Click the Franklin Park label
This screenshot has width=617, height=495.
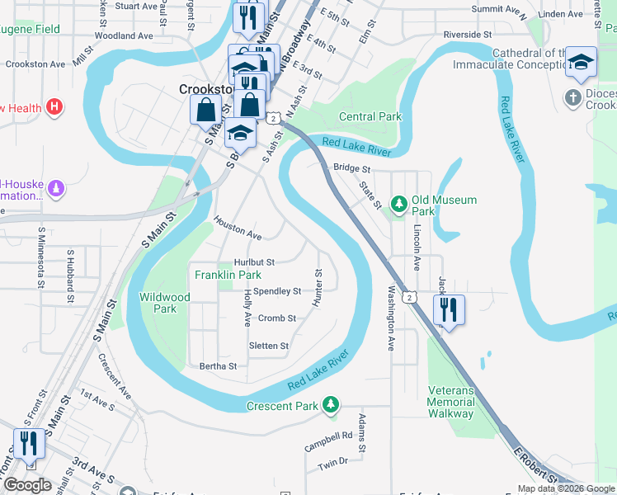tap(228, 275)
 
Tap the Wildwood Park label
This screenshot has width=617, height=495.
tap(165, 303)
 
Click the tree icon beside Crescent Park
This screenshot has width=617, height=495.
tap(331, 404)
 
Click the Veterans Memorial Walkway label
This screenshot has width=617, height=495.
tap(450, 402)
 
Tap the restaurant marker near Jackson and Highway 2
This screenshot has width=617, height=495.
tap(448, 310)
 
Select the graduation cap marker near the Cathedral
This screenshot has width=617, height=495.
tap(581, 63)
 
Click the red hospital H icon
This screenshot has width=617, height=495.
tap(55, 106)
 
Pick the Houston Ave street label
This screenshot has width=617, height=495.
tap(238, 229)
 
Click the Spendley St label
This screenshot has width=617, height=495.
tap(277, 291)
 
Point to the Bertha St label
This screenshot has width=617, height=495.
tap(218, 366)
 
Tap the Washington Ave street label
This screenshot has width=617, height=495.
tap(392, 318)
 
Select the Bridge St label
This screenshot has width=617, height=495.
tap(351, 168)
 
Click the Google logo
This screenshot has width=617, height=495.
tap(28, 486)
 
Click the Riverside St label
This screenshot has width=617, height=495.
tap(467, 35)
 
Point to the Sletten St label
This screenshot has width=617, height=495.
tap(269, 346)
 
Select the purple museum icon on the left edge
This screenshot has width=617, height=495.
tap(56, 189)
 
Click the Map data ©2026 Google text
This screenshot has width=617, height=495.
tap(564, 488)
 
